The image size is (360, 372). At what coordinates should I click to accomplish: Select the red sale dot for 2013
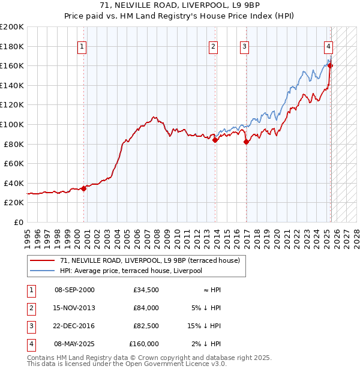215,140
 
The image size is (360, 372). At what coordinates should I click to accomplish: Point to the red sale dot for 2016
246,142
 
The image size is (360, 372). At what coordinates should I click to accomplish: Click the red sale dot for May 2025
330,65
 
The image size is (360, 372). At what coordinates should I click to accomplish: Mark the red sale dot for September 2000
83,188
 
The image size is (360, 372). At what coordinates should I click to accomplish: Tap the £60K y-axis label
14,163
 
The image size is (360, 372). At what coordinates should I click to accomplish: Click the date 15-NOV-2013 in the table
74,308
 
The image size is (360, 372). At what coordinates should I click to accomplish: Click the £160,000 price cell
144,344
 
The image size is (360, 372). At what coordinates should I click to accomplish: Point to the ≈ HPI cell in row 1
212,290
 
